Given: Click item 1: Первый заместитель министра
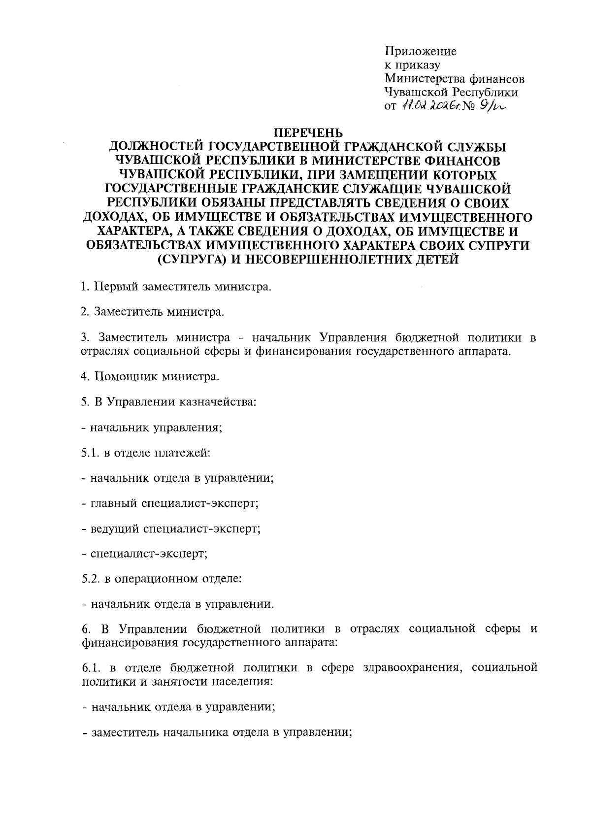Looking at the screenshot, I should click(x=176, y=286).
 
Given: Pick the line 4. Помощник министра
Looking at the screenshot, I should click(x=150, y=377).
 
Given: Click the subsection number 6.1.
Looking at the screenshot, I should click(x=91, y=668).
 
